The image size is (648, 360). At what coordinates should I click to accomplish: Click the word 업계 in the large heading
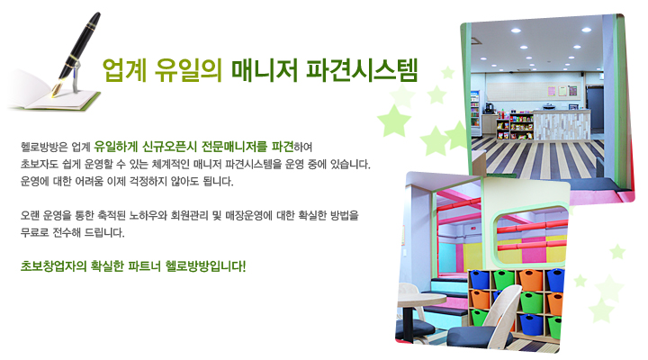pos(125,70)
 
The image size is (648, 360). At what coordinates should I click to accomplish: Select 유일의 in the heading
pos(188,70)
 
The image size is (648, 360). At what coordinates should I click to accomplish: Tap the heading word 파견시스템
pos(362,70)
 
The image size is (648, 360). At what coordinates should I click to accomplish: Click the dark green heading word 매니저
pos(265,70)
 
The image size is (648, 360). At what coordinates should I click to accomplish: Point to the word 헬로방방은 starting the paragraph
pos(44,147)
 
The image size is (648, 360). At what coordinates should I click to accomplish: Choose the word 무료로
pos(35,233)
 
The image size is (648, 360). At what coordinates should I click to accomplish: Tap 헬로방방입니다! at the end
pos(205,265)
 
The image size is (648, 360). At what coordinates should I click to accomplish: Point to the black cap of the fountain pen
pos(88,30)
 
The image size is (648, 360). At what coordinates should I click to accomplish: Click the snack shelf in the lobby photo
pos(515,126)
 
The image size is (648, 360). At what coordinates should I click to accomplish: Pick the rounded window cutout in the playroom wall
pos(531,237)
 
